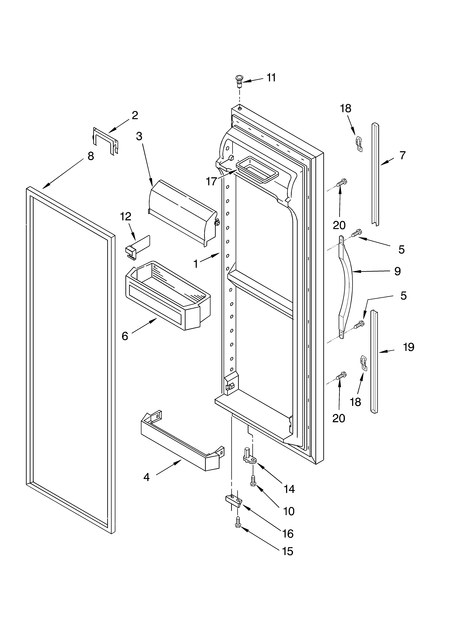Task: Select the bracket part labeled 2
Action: click(x=105, y=141)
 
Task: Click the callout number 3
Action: click(x=139, y=136)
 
